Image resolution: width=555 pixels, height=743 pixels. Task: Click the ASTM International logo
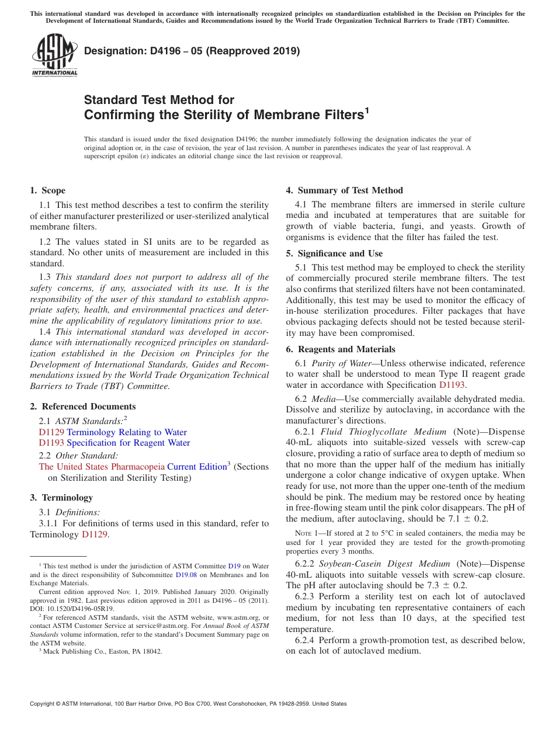click(x=54, y=55)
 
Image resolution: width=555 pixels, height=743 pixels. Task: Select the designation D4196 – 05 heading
click(x=192, y=51)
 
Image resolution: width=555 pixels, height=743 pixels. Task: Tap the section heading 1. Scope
click(x=47, y=190)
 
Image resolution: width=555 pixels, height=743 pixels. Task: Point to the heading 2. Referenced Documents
click(x=82, y=407)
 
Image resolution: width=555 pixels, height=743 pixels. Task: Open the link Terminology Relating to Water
click(x=127, y=432)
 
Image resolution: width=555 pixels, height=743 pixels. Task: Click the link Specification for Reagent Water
click(x=128, y=443)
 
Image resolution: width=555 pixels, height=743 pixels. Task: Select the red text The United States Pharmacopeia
click(x=102, y=466)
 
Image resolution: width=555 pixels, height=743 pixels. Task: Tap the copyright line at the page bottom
click(x=188, y=704)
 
